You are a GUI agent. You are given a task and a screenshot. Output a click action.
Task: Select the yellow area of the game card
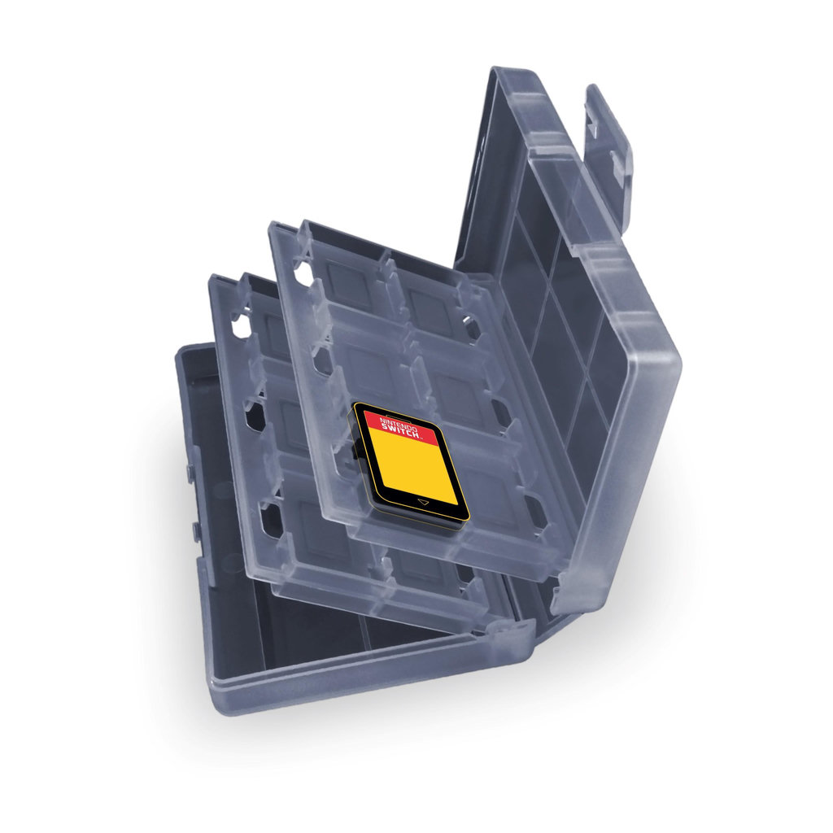pyautogui.click(x=412, y=467)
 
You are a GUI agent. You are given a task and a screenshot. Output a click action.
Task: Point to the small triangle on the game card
pyautogui.click(x=423, y=501)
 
